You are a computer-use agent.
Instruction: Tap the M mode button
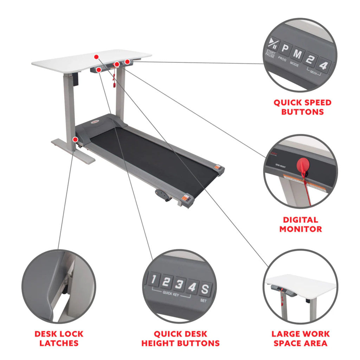(x=297, y=55)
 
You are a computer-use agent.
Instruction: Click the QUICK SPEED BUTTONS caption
(x=302, y=107)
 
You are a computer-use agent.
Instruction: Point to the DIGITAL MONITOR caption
(x=302, y=224)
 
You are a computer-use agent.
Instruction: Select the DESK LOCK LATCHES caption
(x=59, y=338)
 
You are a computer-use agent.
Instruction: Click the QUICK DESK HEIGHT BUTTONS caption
(x=180, y=338)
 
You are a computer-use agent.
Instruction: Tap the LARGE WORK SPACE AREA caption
(x=301, y=338)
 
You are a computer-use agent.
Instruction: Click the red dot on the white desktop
(x=96, y=56)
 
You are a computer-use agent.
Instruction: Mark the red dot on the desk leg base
(x=75, y=139)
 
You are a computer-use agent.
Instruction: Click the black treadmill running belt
(x=151, y=155)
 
